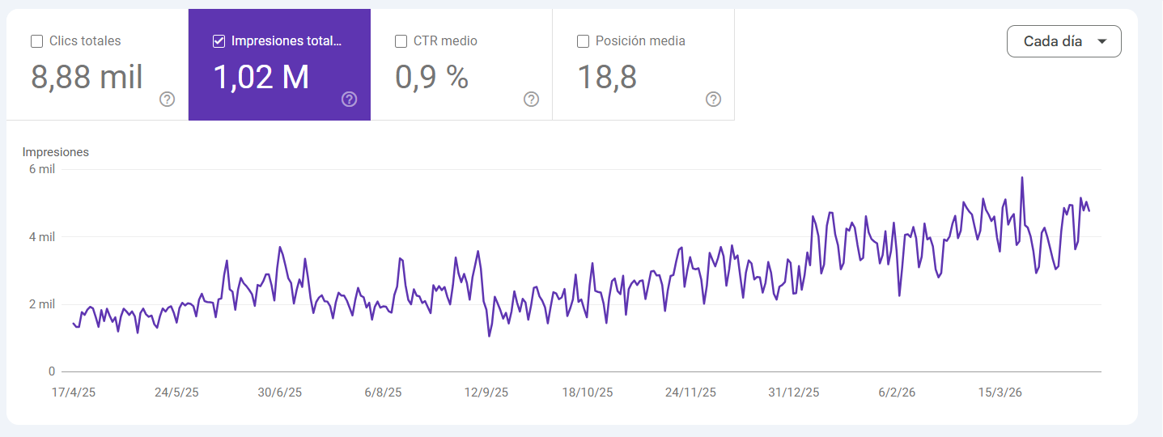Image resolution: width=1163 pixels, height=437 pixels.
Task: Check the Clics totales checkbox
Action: (36, 41)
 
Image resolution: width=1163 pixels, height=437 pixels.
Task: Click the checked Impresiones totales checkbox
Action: (219, 41)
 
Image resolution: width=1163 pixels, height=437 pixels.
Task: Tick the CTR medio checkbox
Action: (401, 41)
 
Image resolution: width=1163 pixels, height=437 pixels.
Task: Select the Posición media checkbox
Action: (583, 41)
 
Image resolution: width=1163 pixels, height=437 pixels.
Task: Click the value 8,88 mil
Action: (87, 78)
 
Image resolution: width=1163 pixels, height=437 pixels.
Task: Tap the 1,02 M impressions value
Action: (261, 78)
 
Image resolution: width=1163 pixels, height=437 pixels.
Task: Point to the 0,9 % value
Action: (431, 78)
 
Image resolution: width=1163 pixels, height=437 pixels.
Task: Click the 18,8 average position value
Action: (606, 78)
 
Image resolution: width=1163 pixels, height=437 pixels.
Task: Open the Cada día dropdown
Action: (1063, 41)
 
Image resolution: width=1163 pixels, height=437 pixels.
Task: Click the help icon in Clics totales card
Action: (168, 100)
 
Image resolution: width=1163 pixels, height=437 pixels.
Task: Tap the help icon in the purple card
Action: (350, 100)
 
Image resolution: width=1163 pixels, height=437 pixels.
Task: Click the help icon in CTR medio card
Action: (532, 100)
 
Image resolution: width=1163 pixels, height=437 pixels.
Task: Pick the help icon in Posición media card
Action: (714, 100)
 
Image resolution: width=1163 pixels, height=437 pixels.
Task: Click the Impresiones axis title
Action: (56, 152)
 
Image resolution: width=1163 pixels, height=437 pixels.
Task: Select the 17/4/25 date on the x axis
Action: (74, 392)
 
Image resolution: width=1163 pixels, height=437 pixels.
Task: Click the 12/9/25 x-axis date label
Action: (486, 392)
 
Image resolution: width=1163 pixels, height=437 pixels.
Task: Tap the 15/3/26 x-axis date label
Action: (1000, 392)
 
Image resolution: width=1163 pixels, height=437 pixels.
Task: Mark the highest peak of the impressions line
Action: (1022, 178)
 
